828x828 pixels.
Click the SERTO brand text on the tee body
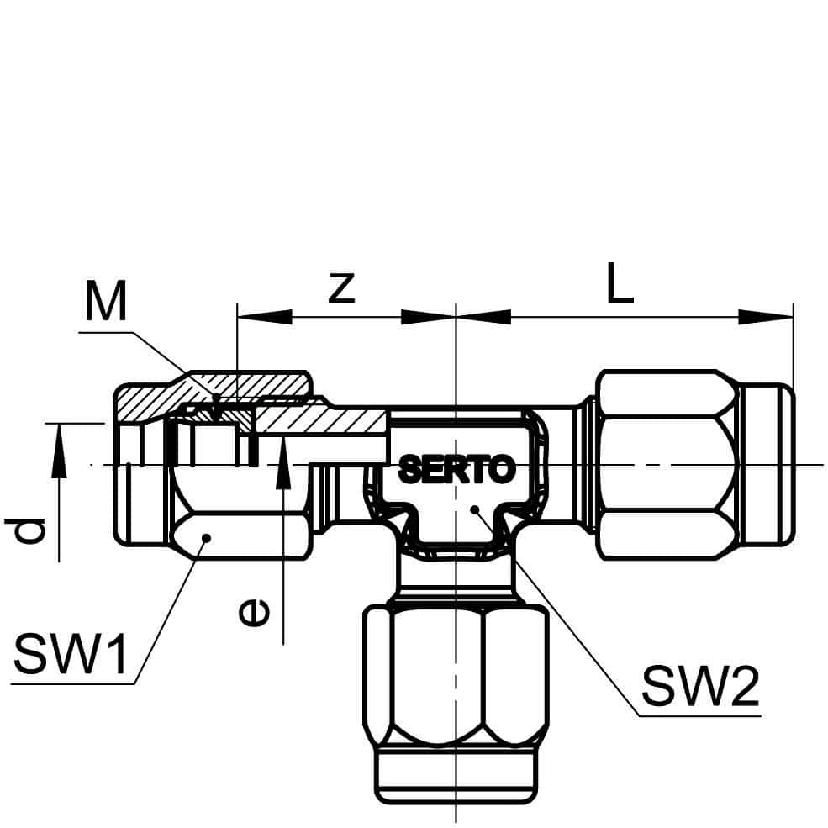click(x=457, y=469)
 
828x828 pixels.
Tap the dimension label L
click(x=620, y=282)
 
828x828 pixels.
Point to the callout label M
click(x=106, y=301)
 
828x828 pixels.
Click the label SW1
click(x=71, y=654)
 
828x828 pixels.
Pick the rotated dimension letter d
click(x=25, y=530)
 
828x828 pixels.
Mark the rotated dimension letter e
click(x=255, y=612)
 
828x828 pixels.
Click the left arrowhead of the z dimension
click(x=265, y=317)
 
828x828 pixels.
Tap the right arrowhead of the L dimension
click(x=766, y=317)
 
